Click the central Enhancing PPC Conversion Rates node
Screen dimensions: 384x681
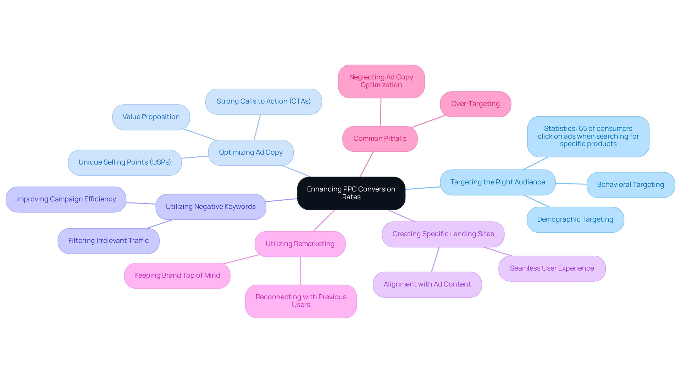pos(351,193)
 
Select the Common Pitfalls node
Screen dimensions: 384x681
pos(380,139)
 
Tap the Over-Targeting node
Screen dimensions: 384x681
pos(475,104)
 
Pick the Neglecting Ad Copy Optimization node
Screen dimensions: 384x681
pos(381,81)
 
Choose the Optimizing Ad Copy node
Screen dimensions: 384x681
pos(251,152)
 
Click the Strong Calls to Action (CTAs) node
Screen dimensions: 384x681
pos(264,101)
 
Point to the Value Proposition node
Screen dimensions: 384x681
pos(151,117)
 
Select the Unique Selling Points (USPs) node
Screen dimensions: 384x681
pos(125,162)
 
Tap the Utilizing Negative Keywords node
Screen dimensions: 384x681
pos(211,207)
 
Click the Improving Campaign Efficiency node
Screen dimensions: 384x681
pos(66,199)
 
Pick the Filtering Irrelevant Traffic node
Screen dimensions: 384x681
pos(109,241)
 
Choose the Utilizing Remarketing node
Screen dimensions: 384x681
pos(300,244)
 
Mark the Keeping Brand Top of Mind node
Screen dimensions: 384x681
pos(177,276)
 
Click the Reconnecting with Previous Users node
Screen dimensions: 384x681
pos(301,301)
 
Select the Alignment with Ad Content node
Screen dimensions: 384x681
pos(427,284)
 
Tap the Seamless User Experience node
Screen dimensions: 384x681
pos(552,268)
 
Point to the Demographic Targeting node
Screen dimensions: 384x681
pos(575,219)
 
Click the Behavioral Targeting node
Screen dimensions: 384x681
pos(630,185)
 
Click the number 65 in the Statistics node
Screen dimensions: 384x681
pos(583,129)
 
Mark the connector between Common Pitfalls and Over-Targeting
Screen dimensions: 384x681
pos(428,121)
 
